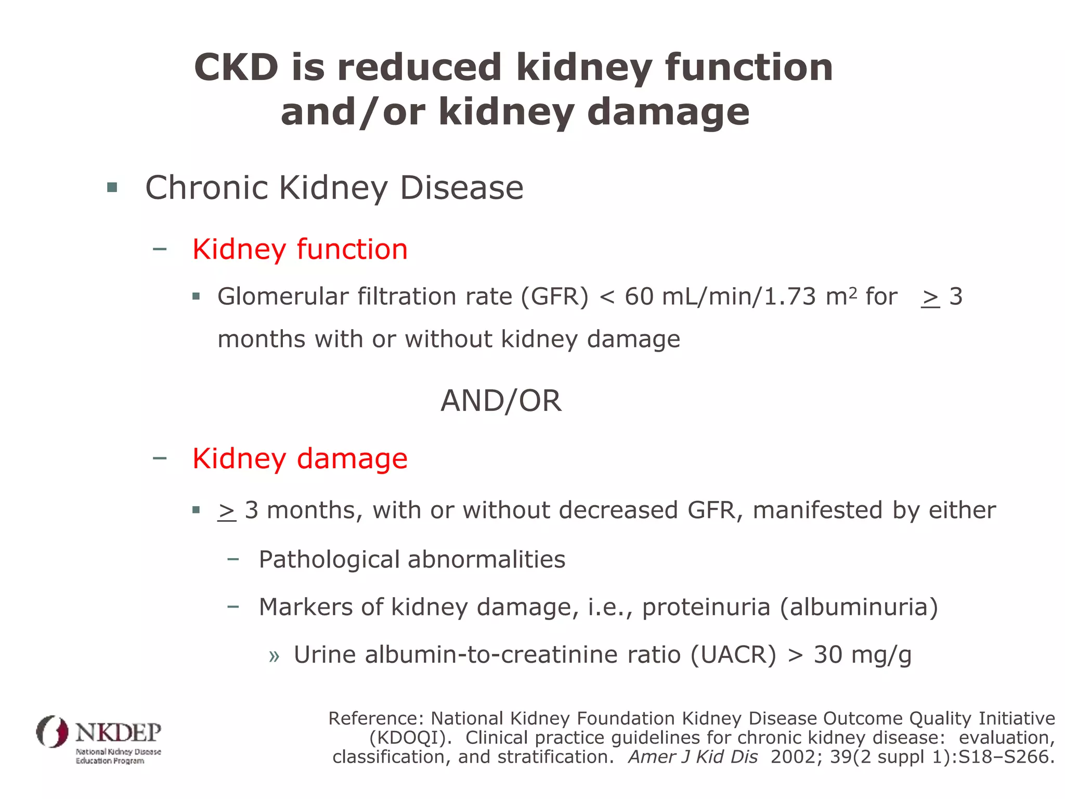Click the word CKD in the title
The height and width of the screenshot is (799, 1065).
coord(237,68)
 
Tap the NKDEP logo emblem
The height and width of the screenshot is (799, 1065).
coord(52,731)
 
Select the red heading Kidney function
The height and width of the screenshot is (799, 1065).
coord(300,249)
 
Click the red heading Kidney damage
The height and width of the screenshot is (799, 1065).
coord(300,459)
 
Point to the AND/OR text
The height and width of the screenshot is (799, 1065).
coord(501,401)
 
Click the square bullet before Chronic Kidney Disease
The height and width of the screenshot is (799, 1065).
coord(112,187)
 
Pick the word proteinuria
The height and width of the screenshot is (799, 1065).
coord(706,607)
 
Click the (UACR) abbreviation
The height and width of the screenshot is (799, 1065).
coord(733,654)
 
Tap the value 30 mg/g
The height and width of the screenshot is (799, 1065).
coord(862,654)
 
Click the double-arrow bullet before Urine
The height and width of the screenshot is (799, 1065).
coord(274,656)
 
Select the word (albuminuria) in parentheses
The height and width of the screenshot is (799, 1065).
coord(859,607)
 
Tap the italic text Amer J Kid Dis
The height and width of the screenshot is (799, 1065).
coord(693,757)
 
